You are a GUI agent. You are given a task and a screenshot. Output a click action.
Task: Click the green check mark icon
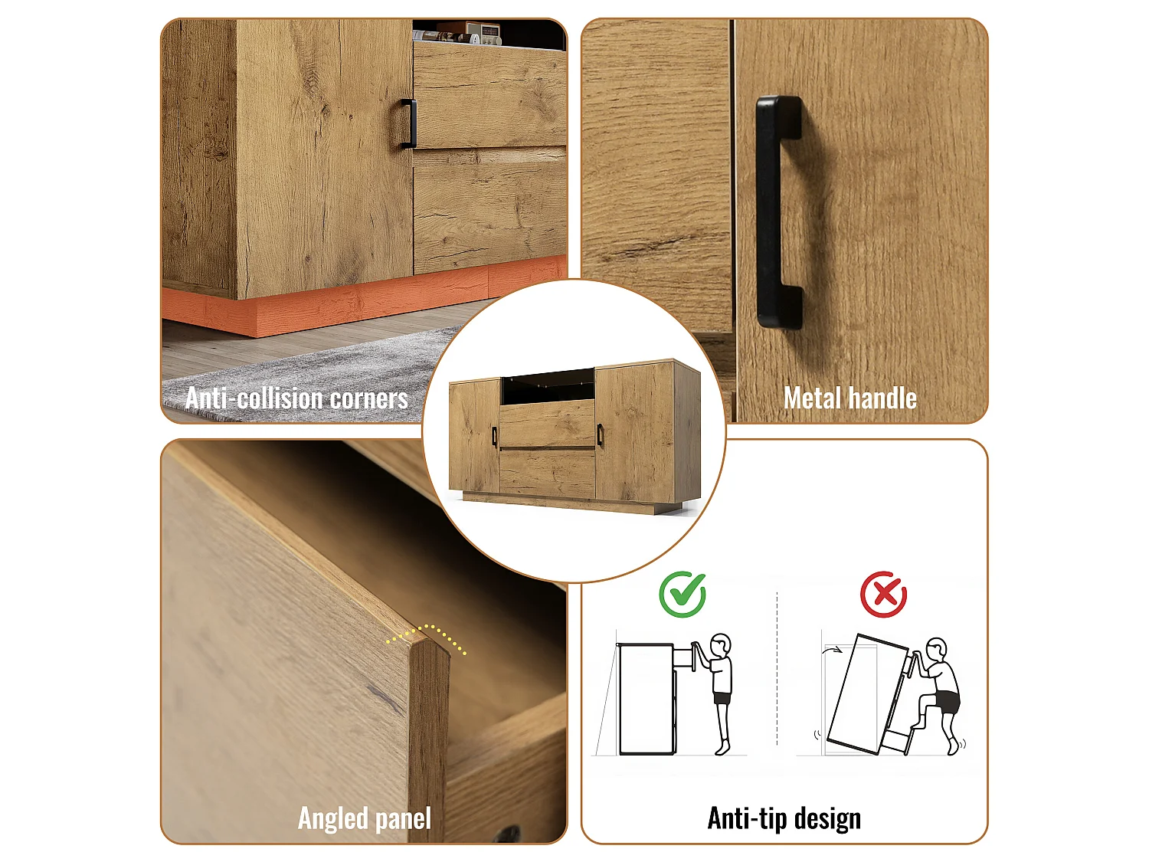(x=683, y=595)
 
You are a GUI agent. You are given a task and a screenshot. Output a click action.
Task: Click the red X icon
(x=884, y=595)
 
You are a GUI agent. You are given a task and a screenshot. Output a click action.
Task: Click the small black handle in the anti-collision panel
(x=408, y=123)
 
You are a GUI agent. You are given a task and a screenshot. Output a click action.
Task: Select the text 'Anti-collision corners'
(x=296, y=398)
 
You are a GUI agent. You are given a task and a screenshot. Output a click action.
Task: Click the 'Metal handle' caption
(x=850, y=398)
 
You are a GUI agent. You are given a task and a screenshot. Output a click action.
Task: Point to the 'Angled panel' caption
(x=365, y=818)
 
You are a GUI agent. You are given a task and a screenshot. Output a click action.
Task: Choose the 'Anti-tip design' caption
(x=784, y=818)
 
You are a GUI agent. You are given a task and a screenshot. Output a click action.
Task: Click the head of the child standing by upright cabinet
(x=721, y=645)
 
